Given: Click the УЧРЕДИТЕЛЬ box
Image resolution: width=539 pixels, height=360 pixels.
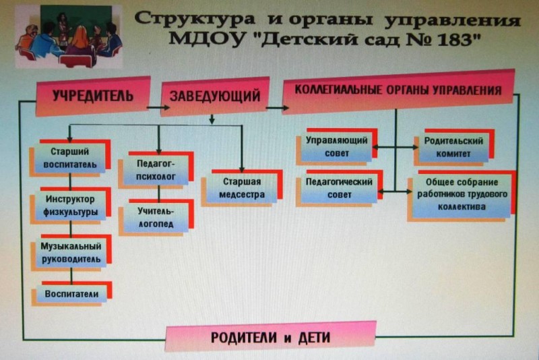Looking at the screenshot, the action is click(x=93, y=96).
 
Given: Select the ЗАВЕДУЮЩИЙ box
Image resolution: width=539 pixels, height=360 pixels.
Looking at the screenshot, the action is click(x=215, y=96).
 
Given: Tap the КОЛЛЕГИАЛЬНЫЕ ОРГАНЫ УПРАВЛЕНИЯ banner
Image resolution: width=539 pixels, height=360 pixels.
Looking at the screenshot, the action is click(x=398, y=91).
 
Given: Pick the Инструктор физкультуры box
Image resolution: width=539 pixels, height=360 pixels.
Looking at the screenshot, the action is click(x=71, y=205).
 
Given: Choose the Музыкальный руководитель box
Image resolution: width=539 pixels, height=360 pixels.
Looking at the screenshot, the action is click(x=71, y=253).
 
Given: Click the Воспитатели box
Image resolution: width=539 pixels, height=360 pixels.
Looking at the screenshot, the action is click(x=72, y=294).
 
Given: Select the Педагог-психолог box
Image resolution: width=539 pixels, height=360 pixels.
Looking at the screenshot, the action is click(x=156, y=170).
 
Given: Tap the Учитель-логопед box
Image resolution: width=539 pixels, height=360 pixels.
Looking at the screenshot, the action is click(x=156, y=217).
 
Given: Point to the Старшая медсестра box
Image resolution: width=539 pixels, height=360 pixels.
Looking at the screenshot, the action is click(x=242, y=187).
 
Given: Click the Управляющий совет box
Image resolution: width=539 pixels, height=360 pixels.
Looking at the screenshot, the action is click(x=337, y=147).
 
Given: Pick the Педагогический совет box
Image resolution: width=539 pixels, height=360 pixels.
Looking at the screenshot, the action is click(x=340, y=188).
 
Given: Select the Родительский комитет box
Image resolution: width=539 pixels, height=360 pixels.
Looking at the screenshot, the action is click(x=453, y=148).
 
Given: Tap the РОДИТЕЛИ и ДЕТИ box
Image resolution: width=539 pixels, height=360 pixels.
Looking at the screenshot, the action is click(x=271, y=336).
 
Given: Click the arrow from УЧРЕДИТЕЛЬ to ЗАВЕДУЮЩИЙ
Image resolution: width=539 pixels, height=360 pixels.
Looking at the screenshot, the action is click(x=158, y=107).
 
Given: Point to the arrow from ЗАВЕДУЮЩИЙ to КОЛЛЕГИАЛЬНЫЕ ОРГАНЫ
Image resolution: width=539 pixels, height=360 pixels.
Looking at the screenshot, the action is click(x=278, y=108).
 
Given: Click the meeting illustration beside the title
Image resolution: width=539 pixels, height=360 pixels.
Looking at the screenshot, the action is click(x=69, y=36).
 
